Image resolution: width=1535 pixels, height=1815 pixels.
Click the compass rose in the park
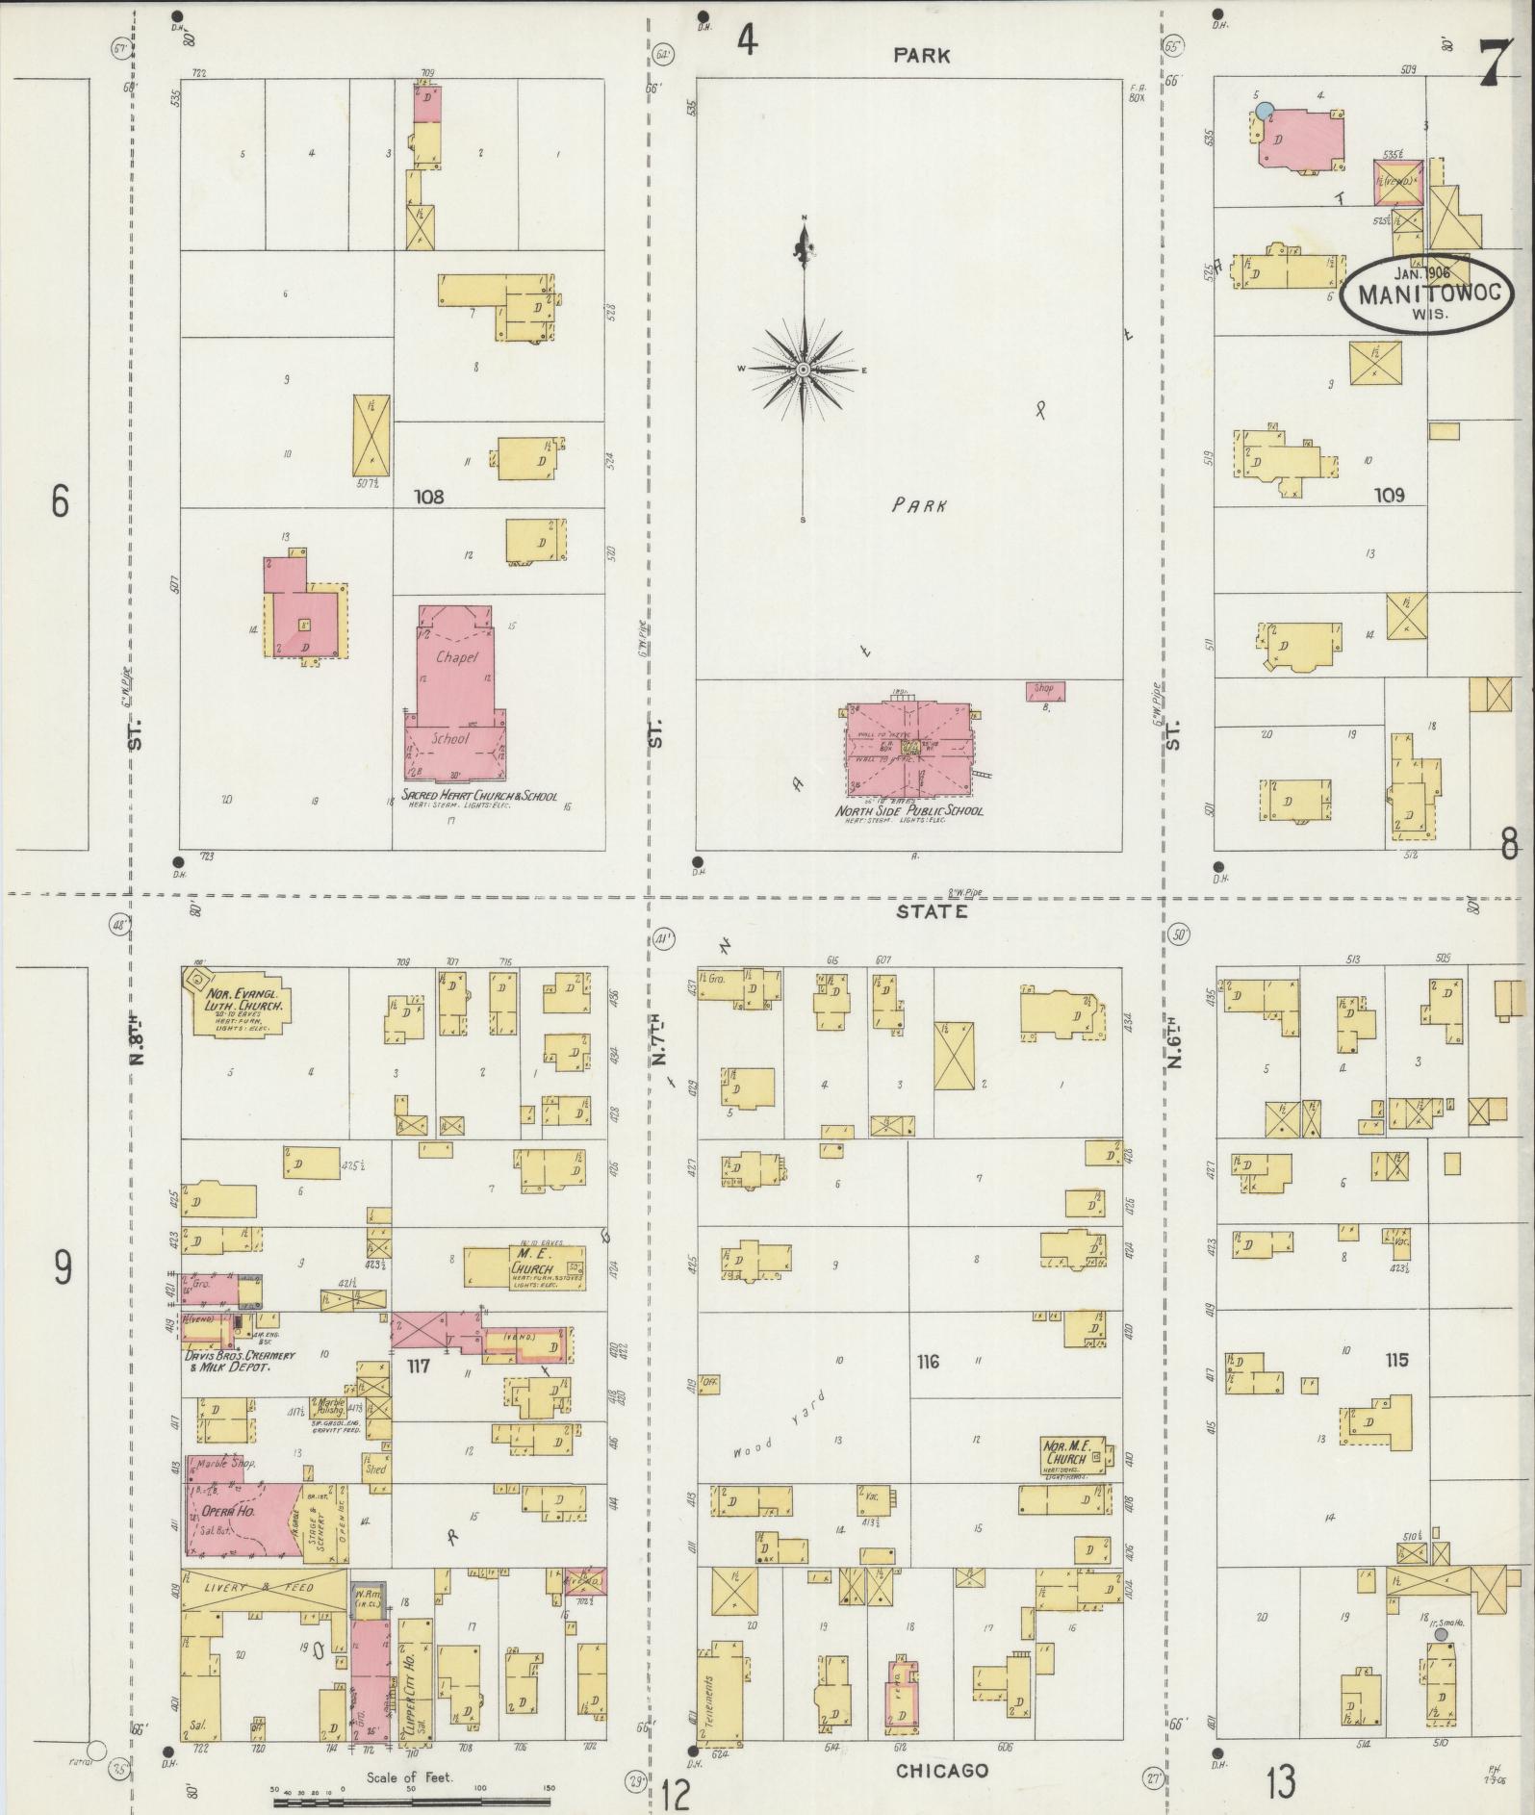(x=803, y=370)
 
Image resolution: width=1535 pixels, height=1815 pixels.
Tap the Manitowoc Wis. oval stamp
(x=1428, y=293)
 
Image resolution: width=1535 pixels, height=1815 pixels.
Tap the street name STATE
(x=931, y=910)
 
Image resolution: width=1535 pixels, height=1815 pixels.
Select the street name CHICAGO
(x=941, y=1770)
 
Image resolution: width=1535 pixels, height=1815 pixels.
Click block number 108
(x=428, y=497)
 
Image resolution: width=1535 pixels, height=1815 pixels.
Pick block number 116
(x=928, y=1362)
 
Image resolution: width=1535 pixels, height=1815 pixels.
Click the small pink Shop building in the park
(x=1044, y=689)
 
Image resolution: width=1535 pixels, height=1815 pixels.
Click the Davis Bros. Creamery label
(x=240, y=1360)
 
